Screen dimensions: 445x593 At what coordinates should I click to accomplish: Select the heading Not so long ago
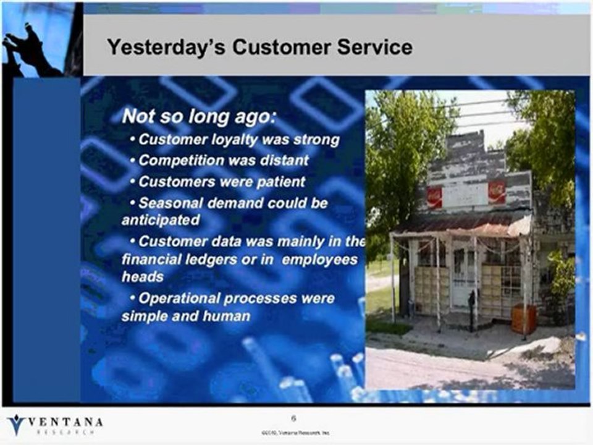[199, 116]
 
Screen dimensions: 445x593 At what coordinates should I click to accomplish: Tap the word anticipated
[161, 220]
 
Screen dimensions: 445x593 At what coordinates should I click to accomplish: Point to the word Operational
[179, 299]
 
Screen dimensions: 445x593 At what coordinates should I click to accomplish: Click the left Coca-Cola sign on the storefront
[435, 197]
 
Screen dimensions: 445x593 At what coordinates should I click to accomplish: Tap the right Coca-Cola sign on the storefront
[496, 192]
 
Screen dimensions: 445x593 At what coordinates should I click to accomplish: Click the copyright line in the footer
[295, 432]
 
